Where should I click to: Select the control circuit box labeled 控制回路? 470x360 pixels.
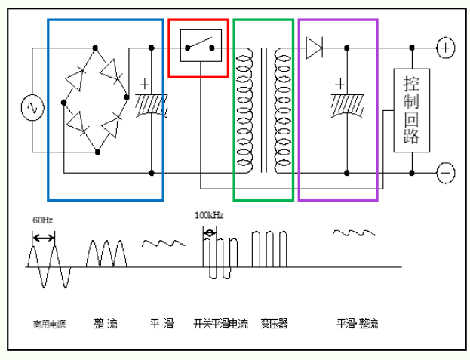(x=412, y=110)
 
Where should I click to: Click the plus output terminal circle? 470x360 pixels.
(x=446, y=48)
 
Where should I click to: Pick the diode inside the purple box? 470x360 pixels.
(x=315, y=48)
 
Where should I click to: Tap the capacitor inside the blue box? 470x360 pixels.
(x=151, y=103)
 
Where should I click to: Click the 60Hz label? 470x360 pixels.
(x=42, y=220)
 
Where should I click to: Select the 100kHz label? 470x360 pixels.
(x=209, y=215)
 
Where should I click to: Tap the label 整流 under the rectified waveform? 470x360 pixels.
(x=106, y=324)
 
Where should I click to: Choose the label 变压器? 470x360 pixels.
(x=274, y=324)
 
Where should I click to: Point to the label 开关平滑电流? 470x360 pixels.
(x=220, y=324)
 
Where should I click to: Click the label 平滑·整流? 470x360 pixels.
(x=357, y=324)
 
